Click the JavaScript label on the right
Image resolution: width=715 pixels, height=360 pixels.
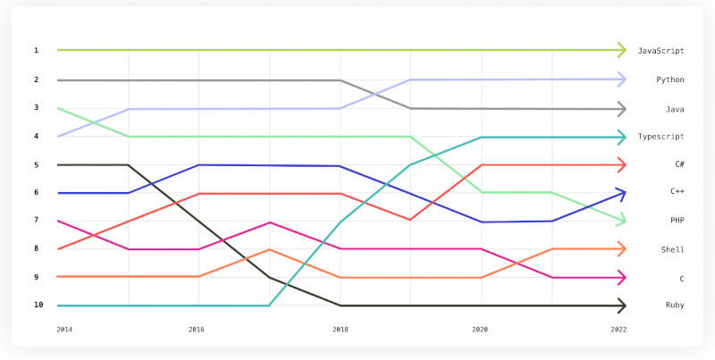pos(660,51)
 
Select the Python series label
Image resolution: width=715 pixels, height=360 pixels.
pos(669,80)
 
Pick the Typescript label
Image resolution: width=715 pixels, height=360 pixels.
pos(660,137)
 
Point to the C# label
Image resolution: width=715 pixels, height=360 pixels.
pos(678,165)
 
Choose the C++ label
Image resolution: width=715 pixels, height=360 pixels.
pos(677,192)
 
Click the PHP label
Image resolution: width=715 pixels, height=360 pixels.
pos(676,221)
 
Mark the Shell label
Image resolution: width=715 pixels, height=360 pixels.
pos(672,249)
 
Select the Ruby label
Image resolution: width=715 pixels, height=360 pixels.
pos(674,306)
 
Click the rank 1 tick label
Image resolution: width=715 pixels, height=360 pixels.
pos(37,51)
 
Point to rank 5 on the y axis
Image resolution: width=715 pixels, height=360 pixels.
pos(37,165)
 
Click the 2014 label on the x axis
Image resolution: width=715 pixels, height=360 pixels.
pos(64,330)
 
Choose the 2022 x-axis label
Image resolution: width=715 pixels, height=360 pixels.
pos(618,330)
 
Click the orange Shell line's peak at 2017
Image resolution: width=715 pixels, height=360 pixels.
pos(270,249)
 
